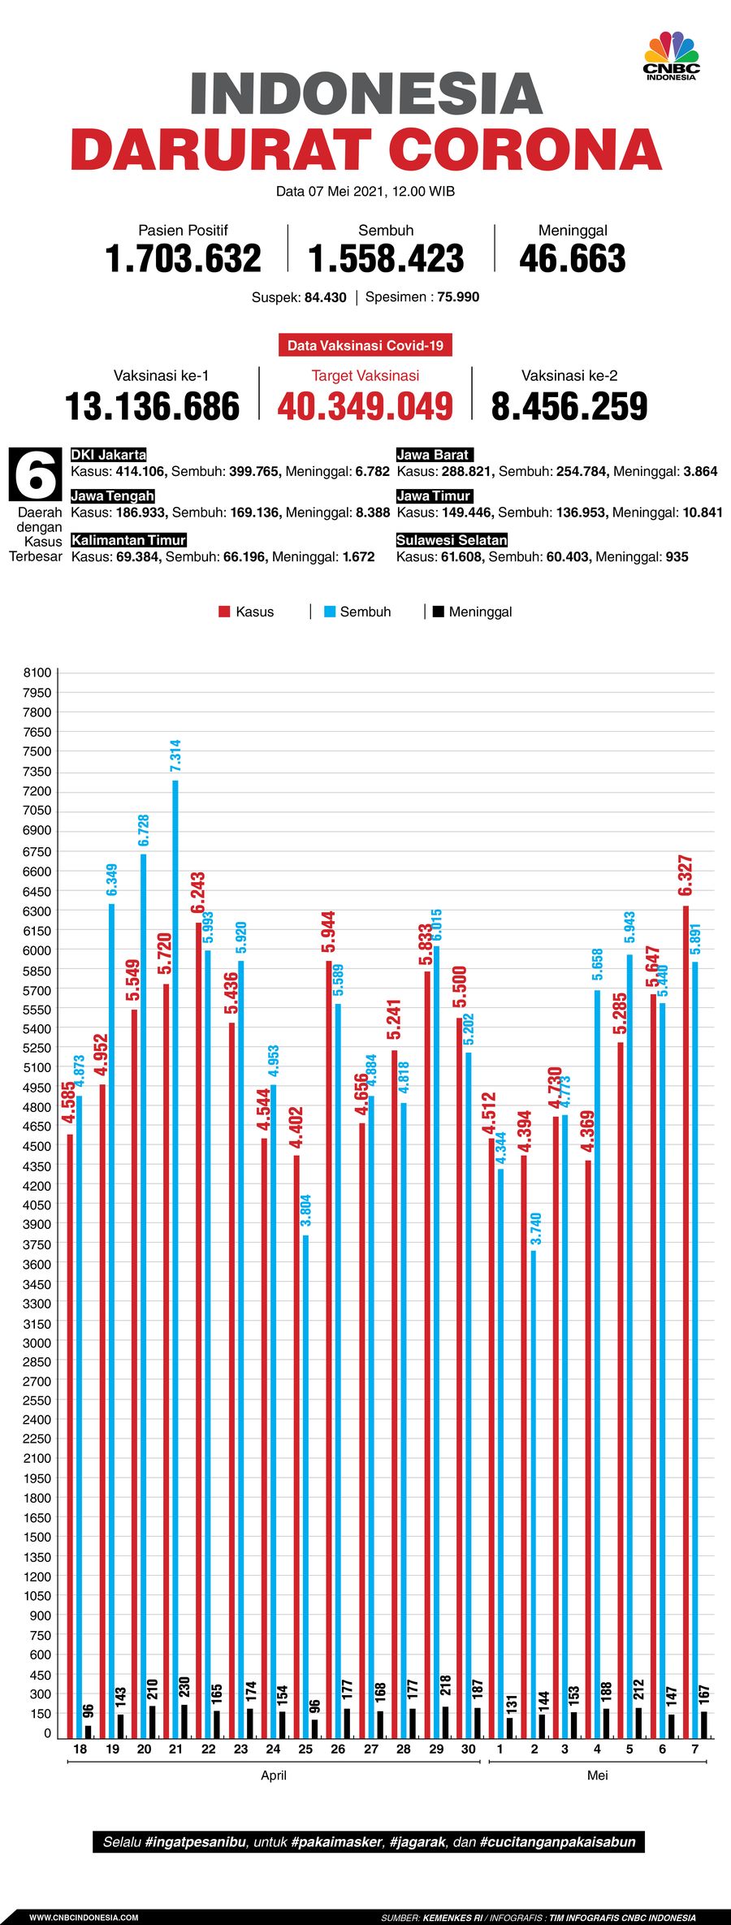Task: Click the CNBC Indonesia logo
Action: tap(672, 56)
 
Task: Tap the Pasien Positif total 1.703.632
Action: tap(183, 259)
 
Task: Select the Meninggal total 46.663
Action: tap(573, 259)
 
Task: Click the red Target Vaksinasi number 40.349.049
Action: tap(365, 407)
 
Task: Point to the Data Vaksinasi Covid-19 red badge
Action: tap(365, 345)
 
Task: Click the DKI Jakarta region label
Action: tap(108, 455)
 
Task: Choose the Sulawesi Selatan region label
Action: tap(452, 540)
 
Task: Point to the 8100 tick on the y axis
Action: tap(37, 673)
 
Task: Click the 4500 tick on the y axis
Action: tap(37, 1146)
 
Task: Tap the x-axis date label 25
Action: tap(305, 1749)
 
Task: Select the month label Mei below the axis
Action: tap(597, 1775)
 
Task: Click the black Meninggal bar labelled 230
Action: tap(184, 1720)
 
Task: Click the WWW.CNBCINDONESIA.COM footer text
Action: tap(84, 1917)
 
